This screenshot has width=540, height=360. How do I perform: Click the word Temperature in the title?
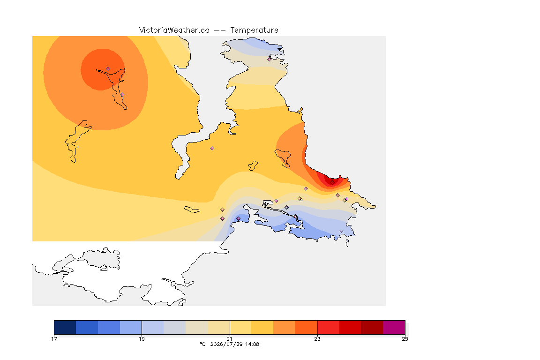(x=254, y=30)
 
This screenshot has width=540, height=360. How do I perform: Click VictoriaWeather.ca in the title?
(x=174, y=30)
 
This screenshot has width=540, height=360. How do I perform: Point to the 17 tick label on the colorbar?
(x=54, y=339)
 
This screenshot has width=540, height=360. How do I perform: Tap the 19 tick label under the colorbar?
(x=142, y=339)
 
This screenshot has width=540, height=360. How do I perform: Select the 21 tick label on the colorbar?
(x=230, y=339)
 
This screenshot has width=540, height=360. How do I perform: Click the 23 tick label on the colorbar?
(x=317, y=339)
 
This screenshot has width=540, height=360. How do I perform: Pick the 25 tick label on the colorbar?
(x=405, y=339)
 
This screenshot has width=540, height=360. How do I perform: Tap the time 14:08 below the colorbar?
(x=252, y=344)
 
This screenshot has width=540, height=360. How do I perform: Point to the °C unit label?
(x=203, y=344)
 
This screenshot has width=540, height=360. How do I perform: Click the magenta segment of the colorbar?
(x=394, y=327)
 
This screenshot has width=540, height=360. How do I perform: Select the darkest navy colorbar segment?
(x=65, y=327)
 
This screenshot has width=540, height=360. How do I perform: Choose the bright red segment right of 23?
(x=328, y=327)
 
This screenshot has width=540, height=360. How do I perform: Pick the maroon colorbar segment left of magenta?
(x=372, y=327)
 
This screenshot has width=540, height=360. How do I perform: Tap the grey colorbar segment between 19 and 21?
(x=174, y=327)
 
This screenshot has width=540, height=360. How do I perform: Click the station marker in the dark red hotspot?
(x=332, y=183)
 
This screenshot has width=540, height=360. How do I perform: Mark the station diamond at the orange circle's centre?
(x=108, y=69)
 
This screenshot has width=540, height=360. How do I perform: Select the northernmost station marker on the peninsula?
(x=270, y=59)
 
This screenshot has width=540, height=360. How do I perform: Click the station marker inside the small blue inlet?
(x=238, y=219)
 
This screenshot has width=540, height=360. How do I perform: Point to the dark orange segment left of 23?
(x=306, y=327)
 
